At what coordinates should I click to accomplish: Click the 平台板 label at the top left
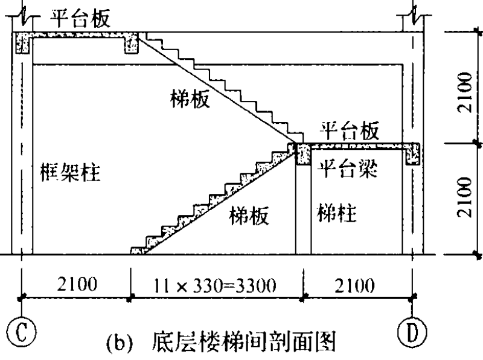(x=82, y=19)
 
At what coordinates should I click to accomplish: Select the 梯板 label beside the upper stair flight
(x=190, y=100)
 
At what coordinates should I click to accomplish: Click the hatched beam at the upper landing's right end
(x=131, y=43)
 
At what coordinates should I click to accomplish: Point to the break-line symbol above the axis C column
(x=22, y=13)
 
